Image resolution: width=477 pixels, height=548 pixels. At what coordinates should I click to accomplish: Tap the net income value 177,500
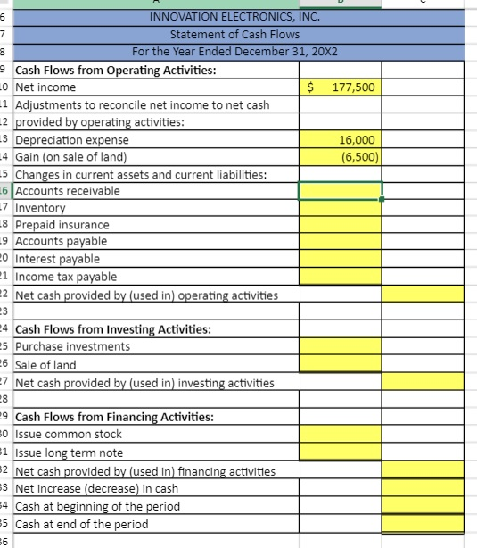point(354,87)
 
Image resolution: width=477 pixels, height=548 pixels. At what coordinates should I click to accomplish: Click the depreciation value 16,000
point(361,140)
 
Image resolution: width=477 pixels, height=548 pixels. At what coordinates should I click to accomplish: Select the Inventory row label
point(42,208)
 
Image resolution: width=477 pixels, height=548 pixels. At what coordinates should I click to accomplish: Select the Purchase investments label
point(72,346)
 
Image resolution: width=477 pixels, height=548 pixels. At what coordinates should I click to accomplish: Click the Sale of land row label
point(45,364)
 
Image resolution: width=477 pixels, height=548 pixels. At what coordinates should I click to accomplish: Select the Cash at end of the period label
point(82,524)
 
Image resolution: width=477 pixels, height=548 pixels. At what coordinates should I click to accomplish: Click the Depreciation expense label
point(72,140)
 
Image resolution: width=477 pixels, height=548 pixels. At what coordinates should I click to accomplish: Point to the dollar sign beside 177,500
point(311,87)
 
